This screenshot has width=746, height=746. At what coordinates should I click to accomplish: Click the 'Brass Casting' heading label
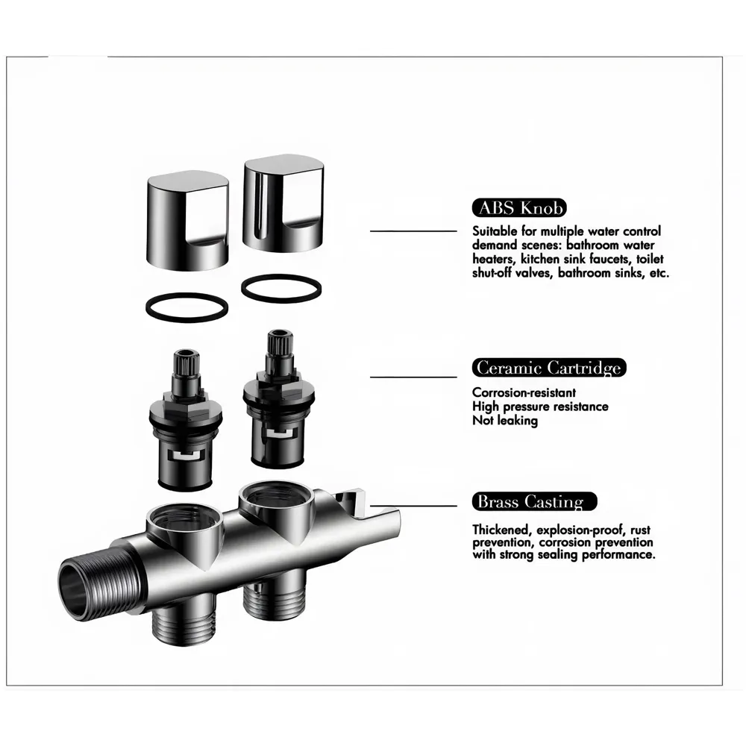(x=534, y=501)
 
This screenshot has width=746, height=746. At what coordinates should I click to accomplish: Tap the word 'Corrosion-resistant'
(x=524, y=392)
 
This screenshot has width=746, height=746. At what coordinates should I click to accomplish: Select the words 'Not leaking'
(x=504, y=421)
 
